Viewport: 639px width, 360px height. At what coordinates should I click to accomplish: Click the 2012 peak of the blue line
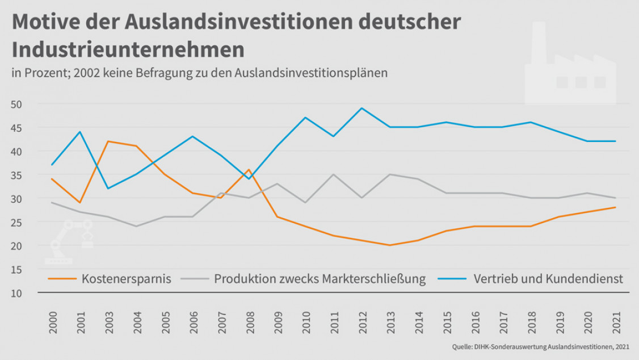pos(361,108)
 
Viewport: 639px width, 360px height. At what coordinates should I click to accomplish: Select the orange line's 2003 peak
pos(108,141)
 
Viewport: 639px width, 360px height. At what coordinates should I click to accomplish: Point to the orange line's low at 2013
pos(389,245)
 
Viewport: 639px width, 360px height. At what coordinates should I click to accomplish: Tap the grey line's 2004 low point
pos(136,226)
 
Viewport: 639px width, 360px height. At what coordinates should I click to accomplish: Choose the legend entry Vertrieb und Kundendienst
pos(548,279)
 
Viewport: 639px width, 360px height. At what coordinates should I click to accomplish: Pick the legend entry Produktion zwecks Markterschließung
pos(319,279)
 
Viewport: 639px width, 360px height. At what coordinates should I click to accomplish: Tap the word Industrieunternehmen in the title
pos(128,50)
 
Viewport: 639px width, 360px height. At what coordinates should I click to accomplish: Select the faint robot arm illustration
pos(70,241)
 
